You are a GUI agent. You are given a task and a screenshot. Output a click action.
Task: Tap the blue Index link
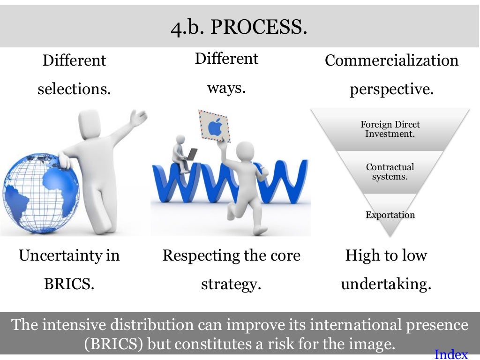point(451,354)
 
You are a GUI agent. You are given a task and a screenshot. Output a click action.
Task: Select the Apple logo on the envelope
point(214,127)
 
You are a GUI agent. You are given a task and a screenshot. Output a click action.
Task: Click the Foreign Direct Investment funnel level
point(390,129)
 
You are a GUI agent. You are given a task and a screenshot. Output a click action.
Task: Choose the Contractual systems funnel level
point(390,172)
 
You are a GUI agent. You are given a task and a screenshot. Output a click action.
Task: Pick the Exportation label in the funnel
point(390,215)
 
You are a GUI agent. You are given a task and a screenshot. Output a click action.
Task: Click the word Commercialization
point(391,60)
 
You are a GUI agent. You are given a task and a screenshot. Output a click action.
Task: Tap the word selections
point(74,89)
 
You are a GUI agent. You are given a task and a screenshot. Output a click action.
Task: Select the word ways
point(226,88)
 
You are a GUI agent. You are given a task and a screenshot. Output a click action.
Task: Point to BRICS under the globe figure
point(69,284)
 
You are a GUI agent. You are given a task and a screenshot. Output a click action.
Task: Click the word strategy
point(231,284)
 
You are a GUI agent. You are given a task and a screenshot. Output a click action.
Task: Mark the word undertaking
point(386,284)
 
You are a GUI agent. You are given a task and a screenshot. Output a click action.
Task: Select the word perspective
point(391,89)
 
